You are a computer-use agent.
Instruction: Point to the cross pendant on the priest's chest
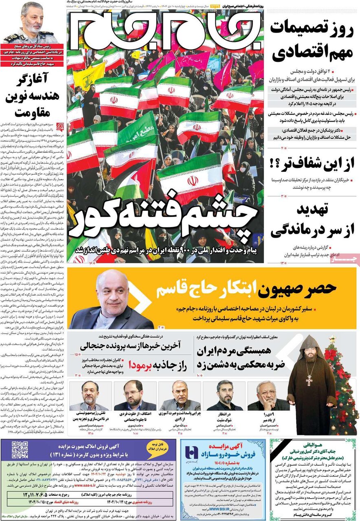(x=309, y=380)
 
